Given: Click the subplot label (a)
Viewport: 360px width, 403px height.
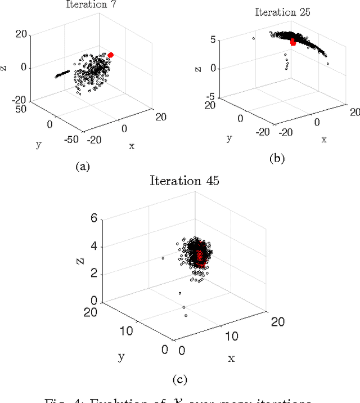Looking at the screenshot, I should click(83, 166).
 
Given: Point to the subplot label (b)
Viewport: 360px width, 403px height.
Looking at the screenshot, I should click(277, 158).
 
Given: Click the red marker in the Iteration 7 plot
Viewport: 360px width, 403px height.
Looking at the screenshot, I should click(111, 55).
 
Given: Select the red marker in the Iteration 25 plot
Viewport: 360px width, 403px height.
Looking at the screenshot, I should click(292, 42).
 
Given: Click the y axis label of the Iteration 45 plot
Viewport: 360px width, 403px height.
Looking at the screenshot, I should click(121, 356).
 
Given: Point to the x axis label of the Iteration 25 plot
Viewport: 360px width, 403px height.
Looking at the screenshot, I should click(324, 139).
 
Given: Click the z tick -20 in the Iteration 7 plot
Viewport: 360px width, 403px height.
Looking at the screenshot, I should click(20, 100).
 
